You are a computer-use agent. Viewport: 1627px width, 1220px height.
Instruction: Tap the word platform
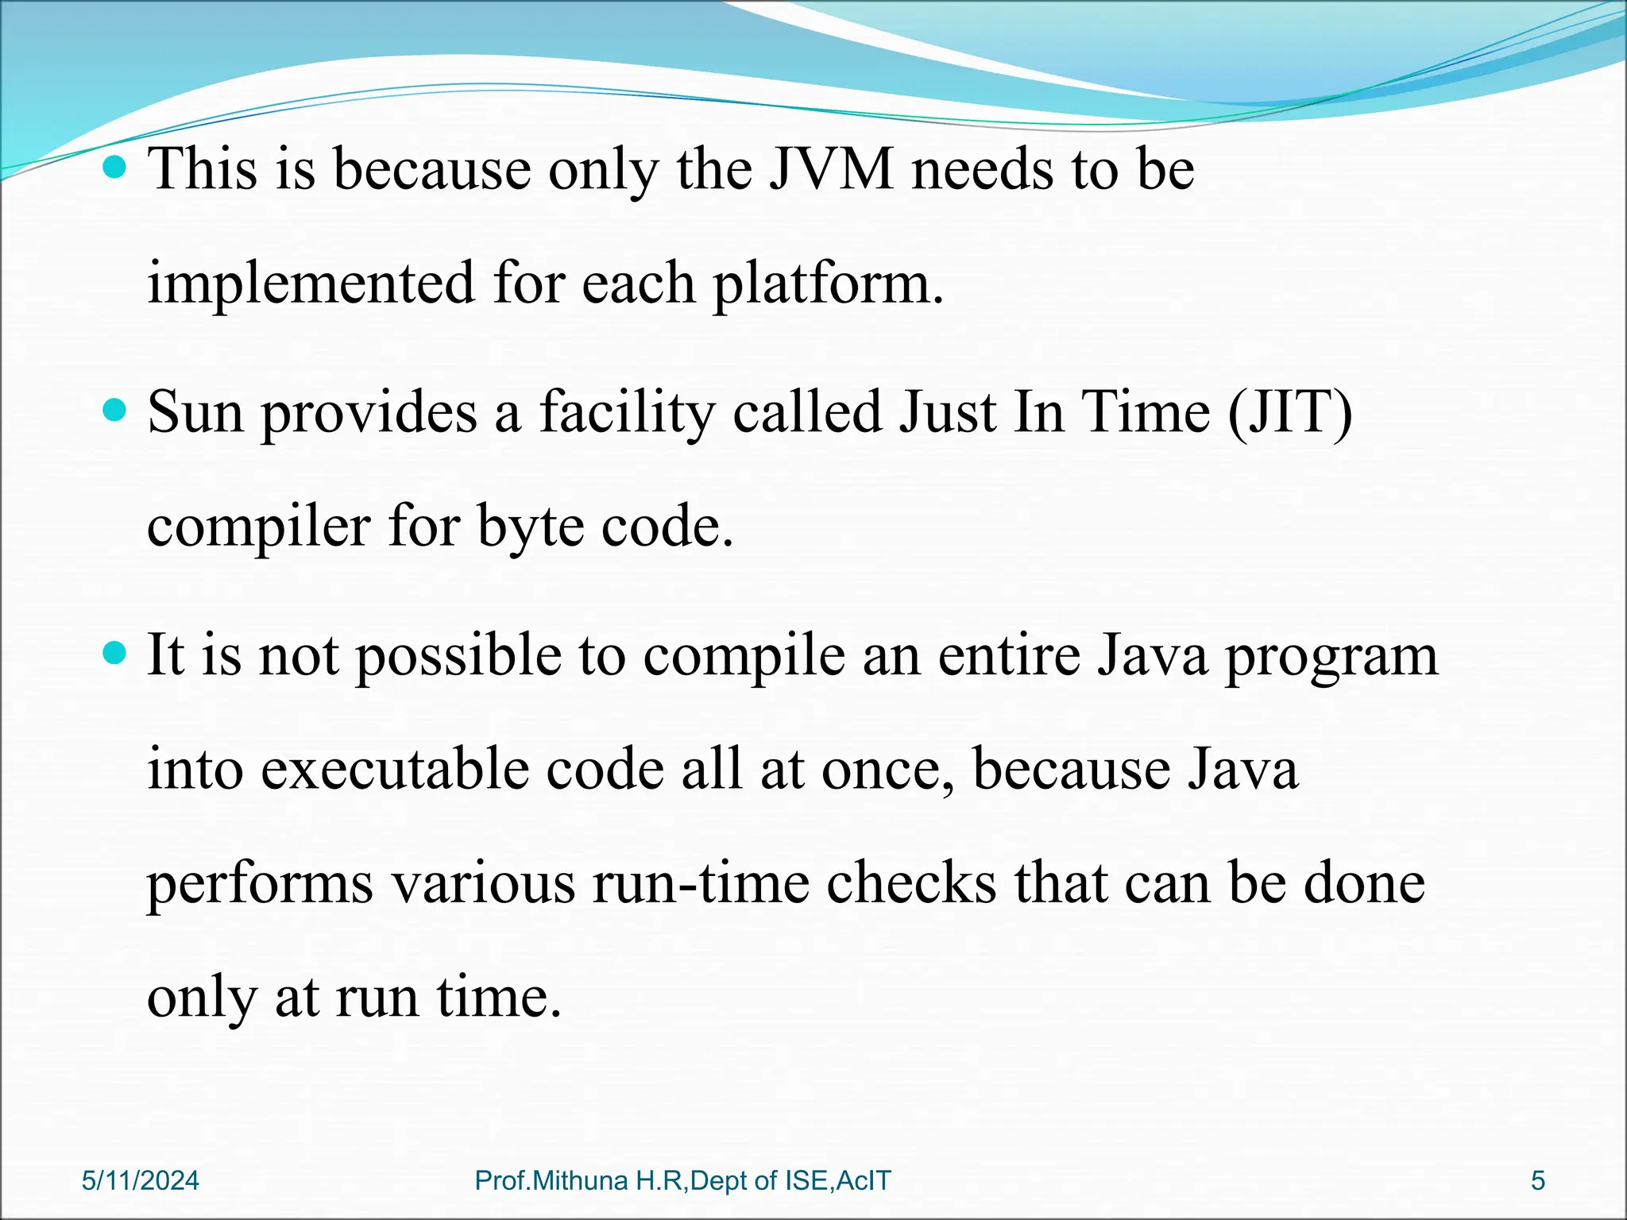coord(827,284)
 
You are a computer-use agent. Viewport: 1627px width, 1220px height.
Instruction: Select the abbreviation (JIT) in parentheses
coord(1289,412)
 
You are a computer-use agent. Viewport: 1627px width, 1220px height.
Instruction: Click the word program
coord(1331,657)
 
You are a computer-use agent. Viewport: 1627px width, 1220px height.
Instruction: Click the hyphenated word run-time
coord(700,884)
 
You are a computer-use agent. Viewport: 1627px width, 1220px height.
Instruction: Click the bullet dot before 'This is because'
coord(115,168)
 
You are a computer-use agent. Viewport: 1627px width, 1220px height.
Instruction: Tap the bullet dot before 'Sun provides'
coord(115,411)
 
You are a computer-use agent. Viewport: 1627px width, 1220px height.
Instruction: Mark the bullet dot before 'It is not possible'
coord(115,654)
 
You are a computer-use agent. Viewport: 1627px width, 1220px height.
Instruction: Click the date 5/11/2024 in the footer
coord(141,1181)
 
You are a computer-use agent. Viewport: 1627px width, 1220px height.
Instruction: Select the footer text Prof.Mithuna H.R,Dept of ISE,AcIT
coord(682,1181)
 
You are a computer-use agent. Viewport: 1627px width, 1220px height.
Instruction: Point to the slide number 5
coord(1538,1181)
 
